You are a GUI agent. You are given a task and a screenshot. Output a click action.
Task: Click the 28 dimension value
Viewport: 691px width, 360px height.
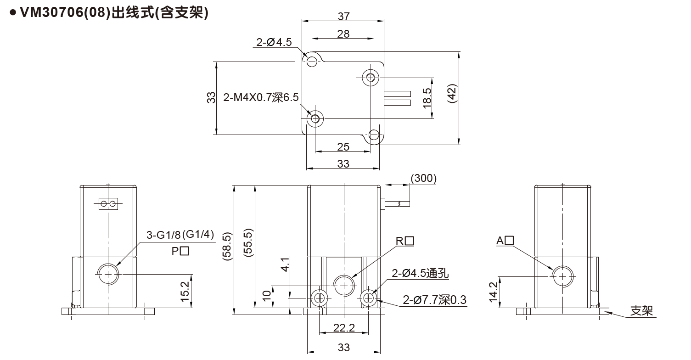pyautogui.click(x=343, y=34)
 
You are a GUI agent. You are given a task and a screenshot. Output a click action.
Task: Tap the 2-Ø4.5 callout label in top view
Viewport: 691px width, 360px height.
pyautogui.click(x=274, y=43)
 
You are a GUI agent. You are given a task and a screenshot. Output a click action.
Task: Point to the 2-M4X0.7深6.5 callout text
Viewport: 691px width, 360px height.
pyautogui.click(x=261, y=98)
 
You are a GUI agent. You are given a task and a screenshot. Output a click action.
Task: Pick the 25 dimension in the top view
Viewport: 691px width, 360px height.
pyautogui.click(x=343, y=147)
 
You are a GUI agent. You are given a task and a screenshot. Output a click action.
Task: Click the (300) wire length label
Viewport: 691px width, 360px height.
pyautogui.click(x=422, y=178)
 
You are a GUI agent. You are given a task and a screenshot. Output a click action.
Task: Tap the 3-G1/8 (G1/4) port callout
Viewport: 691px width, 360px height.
pyautogui.click(x=180, y=235)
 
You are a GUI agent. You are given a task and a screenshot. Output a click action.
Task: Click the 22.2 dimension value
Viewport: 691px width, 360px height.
pyautogui.click(x=344, y=327)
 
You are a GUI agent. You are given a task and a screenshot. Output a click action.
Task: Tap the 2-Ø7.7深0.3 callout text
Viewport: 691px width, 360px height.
pyautogui.click(x=434, y=301)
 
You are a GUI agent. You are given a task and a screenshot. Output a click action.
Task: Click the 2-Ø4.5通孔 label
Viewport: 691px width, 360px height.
pyautogui.click(x=420, y=274)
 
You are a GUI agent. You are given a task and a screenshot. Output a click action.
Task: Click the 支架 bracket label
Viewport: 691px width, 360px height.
pyautogui.click(x=641, y=311)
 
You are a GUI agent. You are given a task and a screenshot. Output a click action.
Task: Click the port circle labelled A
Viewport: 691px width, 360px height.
pyautogui.click(x=563, y=276)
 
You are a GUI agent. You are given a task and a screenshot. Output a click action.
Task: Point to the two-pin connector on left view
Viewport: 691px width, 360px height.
pyautogui.click(x=109, y=204)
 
